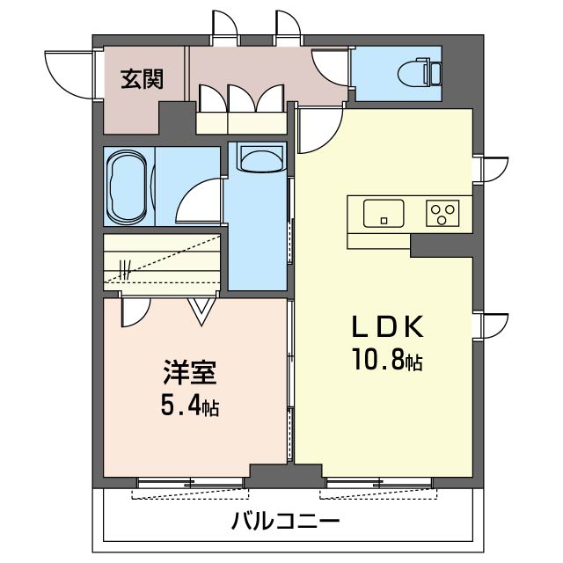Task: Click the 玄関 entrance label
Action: [141, 78]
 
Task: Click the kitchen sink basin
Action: [384, 213]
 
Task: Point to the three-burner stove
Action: [442, 213]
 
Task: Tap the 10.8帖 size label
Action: [388, 361]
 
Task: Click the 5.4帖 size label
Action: [189, 406]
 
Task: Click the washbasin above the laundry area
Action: [261, 159]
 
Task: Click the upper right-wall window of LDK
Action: [493, 167]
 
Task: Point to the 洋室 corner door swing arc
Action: [135, 310]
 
